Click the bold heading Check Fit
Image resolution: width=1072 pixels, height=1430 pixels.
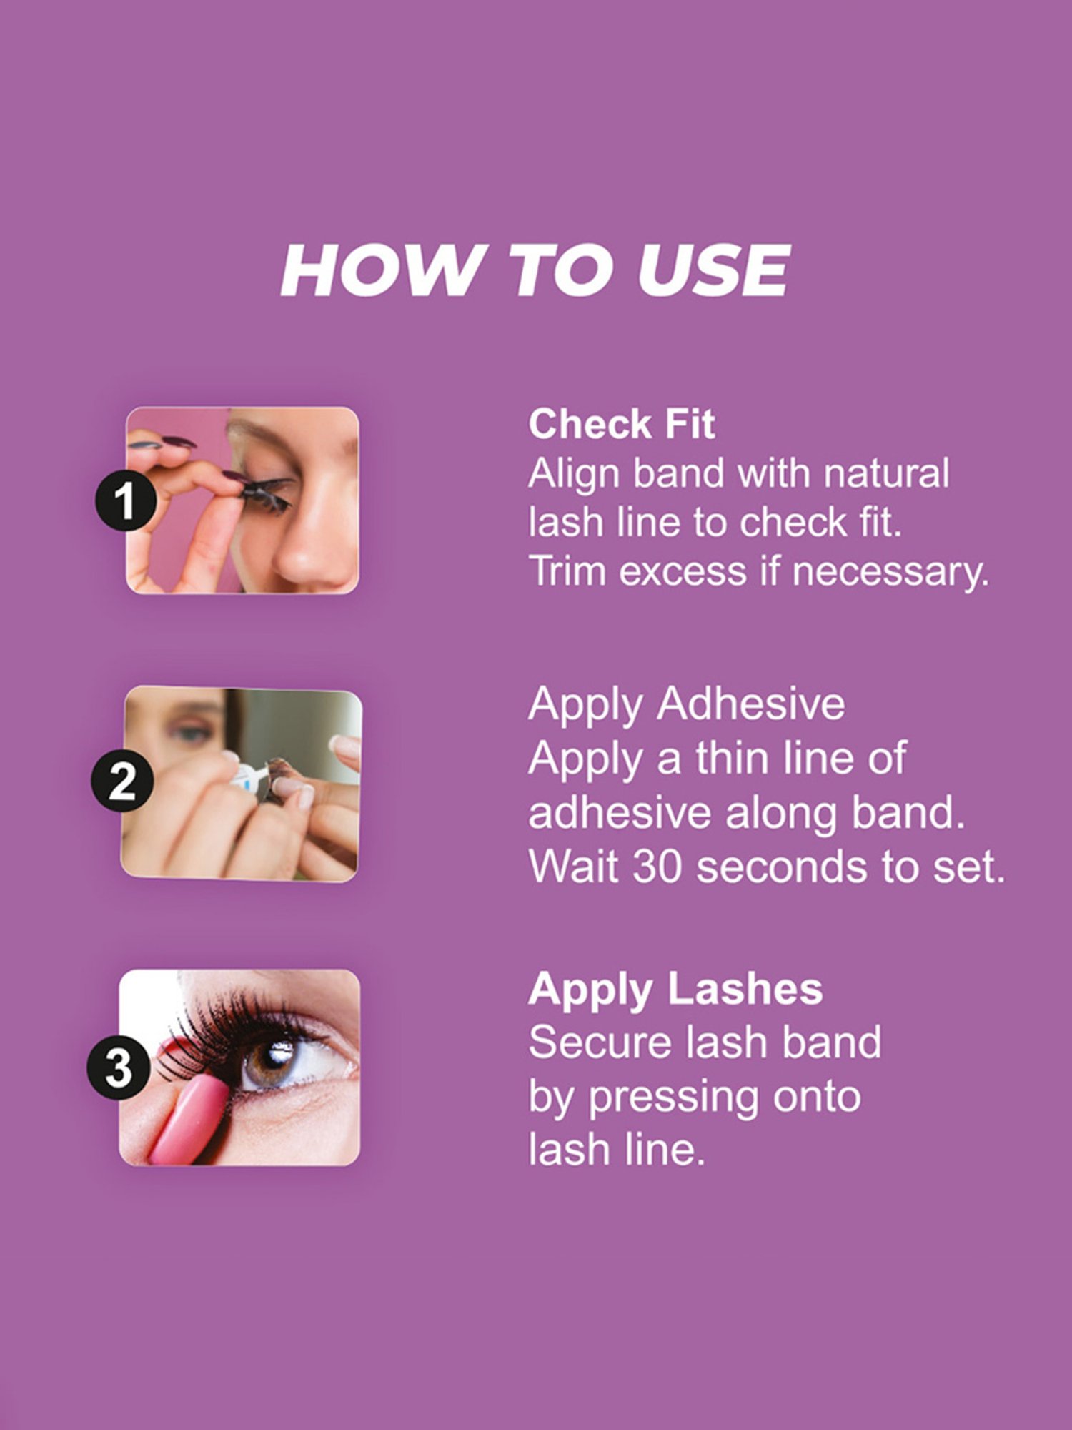pyautogui.click(x=621, y=424)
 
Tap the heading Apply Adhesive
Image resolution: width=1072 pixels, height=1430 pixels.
pyautogui.click(x=686, y=704)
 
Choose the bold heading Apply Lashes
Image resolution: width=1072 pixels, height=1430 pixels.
pyautogui.click(x=675, y=990)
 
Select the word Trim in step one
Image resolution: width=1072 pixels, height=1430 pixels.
pyautogui.click(x=568, y=571)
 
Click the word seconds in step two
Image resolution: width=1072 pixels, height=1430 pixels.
pyautogui.click(x=783, y=867)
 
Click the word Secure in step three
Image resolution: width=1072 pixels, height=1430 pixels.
pyautogui.click(x=600, y=1042)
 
